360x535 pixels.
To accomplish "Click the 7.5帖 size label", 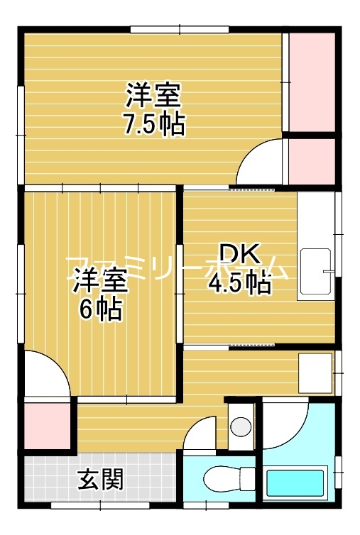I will (x=154, y=124).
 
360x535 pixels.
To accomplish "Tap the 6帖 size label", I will (x=100, y=310).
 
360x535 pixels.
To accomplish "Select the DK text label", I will (x=240, y=255).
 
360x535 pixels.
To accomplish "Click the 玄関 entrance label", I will (x=100, y=480).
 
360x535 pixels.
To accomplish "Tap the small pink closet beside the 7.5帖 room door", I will (x=311, y=162).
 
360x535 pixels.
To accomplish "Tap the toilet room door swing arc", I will (x=201, y=433).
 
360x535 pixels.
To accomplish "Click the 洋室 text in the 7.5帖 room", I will (x=154, y=95).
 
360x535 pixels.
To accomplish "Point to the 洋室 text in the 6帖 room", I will (x=100, y=281).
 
